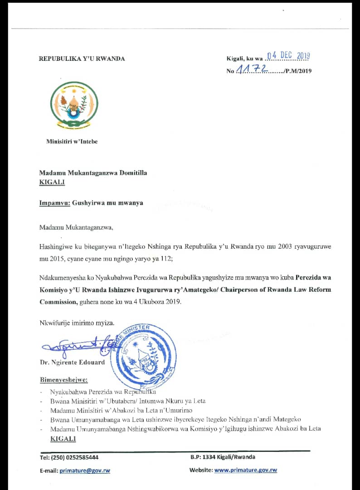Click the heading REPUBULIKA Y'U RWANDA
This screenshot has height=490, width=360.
tap(82, 59)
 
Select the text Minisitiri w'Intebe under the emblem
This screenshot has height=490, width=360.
tap(72, 142)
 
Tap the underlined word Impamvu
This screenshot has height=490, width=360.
tap(54, 203)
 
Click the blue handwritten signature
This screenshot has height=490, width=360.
tap(75, 347)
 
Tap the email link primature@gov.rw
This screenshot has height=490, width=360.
tap(84, 470)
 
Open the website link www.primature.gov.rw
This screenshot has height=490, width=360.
tap(245, 470)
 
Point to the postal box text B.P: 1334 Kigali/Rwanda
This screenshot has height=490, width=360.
tap(223, 457)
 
